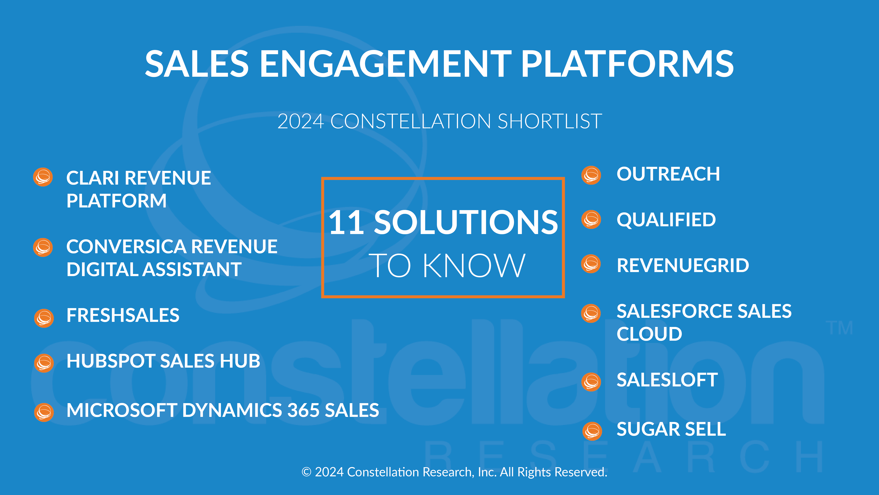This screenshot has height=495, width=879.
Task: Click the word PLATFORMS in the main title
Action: click(x=627, y=64)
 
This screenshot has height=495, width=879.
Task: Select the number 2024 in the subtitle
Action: click(x=301, y=121)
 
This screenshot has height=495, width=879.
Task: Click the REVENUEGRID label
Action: click(x=683, y=265)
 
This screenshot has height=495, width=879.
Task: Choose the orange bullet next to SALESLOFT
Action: click(x=591, y=382)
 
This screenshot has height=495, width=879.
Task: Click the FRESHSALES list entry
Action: click(x=123, y=315)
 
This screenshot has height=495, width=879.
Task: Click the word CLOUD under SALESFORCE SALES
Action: click(x=649, y=334)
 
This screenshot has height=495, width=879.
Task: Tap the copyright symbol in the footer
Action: click(x=306, y=472)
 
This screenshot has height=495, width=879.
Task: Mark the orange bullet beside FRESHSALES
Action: click(x=44, y=318)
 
